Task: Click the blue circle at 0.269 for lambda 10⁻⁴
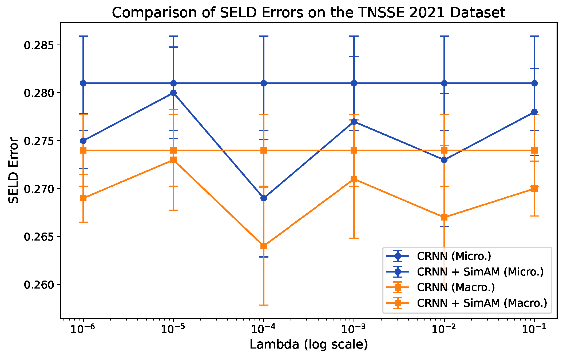[x=264, y=198]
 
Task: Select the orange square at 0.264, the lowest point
[x=264, y=246]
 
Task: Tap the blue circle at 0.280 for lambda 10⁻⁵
[x=173, y=93]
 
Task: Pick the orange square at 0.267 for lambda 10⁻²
[x=444, y=217]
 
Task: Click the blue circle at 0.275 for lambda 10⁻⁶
[x=83, y=141]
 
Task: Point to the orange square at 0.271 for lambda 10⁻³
[x=354, y=179]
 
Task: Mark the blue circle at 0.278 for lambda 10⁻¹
[x=534, y=112]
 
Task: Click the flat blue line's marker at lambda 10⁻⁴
[x=264, y=83]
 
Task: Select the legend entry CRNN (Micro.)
[x=454, y=256]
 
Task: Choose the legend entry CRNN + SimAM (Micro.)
[x=480, y=272]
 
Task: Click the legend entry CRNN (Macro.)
[x=456, y=287]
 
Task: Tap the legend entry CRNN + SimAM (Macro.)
[x=482, y=303]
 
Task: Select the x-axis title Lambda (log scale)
[x=309, y=345]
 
